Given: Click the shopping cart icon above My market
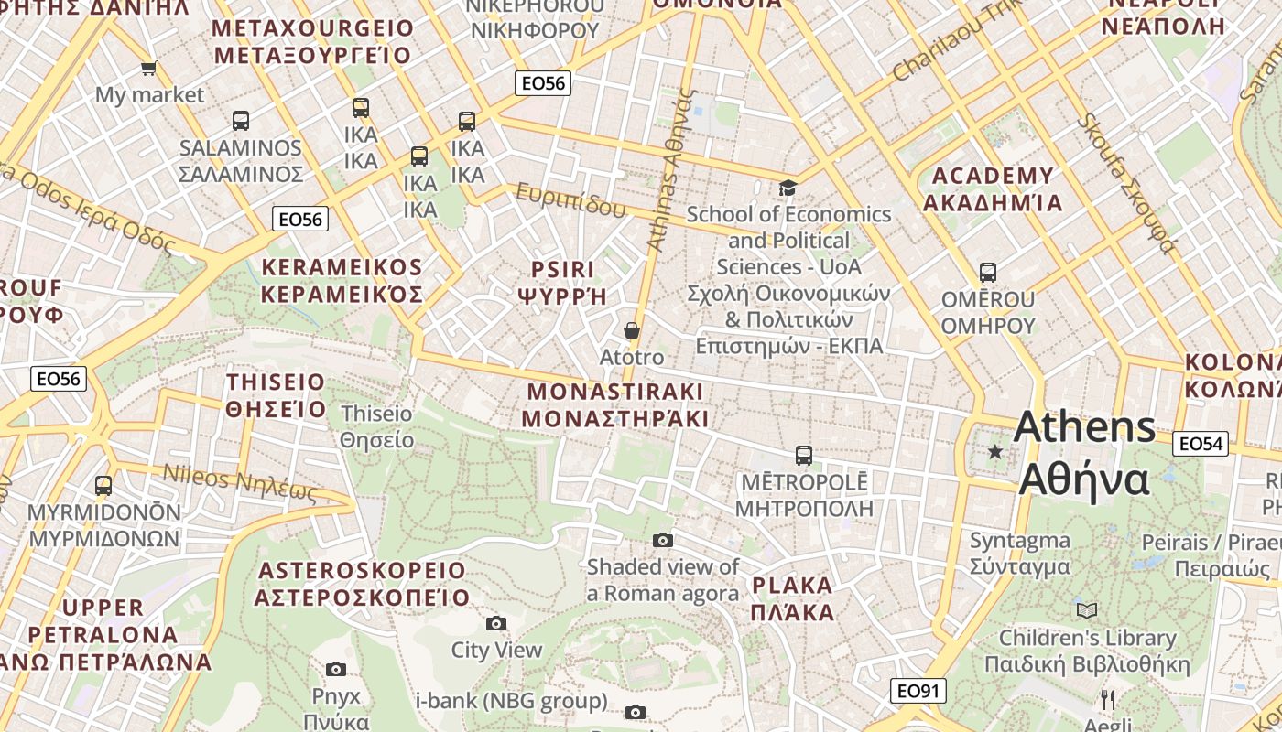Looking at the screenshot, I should click(148, 68).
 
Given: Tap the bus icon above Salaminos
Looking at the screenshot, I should click(241, 120).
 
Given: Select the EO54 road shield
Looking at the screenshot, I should click(1200, 444).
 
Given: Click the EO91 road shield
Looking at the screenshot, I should click(918, 691).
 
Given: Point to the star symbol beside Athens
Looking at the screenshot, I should click(995, 451).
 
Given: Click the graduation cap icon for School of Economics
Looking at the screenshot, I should click(788, 188).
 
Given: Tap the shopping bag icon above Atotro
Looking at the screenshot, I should click(632, 330).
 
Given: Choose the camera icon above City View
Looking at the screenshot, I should click(496, 624).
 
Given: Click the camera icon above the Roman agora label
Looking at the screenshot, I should click(663, 541).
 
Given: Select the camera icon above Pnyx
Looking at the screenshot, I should click(336, 670).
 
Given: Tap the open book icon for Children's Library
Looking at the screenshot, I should click(1087, 610).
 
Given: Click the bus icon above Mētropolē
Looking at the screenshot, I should click(804, 455).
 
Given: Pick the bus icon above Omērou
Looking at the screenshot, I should click(987, 273).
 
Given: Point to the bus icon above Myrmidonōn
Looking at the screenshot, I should click(103, 486).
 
